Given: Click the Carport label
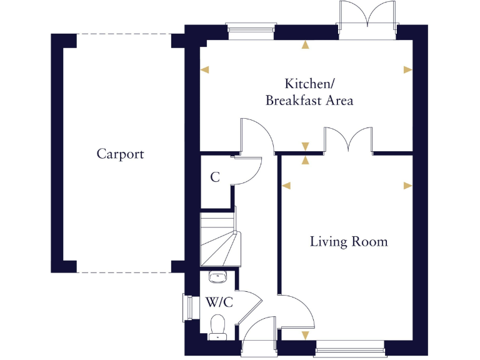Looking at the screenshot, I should (120, 154).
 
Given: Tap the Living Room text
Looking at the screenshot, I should (349, 242).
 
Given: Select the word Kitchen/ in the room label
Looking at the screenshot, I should (306, 84).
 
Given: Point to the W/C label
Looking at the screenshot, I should (219, 303).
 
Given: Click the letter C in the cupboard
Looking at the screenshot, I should (215, 177).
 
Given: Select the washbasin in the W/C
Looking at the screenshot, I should (216, 277).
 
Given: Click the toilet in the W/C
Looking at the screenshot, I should (217, 326).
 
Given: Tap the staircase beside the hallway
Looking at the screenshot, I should (219, 241).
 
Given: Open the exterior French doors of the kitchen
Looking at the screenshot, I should (367, 19).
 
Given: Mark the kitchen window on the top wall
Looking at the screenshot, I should (251, 28).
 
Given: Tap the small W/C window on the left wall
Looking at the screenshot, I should (186, 307).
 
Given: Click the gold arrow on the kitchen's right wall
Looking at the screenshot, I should (407, 69).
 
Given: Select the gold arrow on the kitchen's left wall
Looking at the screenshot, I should (204, 69).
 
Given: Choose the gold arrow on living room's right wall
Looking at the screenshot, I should (407, 186).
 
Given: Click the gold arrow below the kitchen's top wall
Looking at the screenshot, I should (305, 44).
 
